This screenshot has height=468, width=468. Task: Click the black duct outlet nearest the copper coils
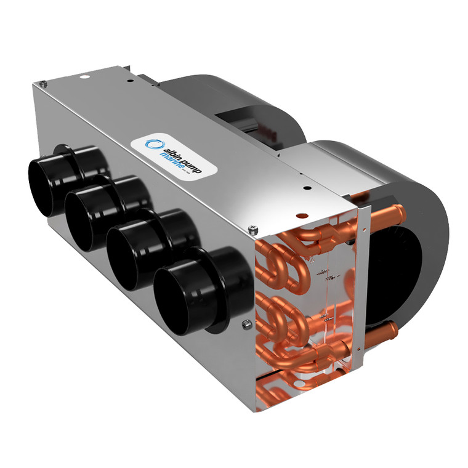coord(185,293)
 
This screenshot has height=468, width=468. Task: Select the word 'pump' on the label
coord(191,162)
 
